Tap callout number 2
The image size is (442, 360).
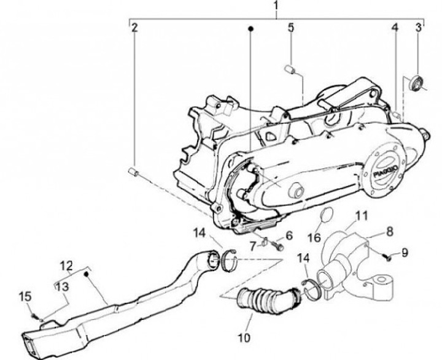[x=134, y=27]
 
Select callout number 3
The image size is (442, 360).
[x=419, y=27]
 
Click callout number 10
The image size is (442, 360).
[x=244, y=337]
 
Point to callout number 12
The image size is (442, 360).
[x=66, y=266]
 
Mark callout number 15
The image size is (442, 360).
[x=25, y=297]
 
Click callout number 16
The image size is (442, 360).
[x=314, y=236]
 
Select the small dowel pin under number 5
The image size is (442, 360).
[x=291, y=69]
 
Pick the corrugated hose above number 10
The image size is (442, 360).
[x=266, y=301]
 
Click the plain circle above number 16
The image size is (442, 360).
[x=328, y=215]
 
